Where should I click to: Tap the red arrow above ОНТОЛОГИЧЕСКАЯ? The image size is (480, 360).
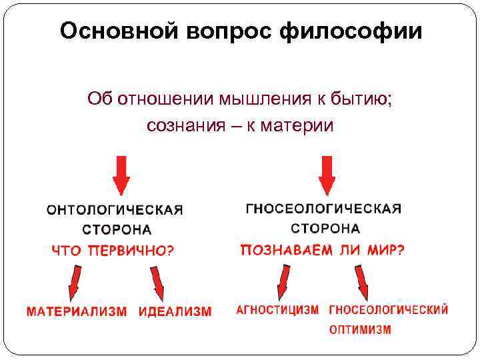(x=121, y=175)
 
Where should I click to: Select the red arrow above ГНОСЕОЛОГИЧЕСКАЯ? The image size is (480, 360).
(x=326, y=175)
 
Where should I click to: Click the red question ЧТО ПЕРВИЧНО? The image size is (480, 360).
(x=114, y=251)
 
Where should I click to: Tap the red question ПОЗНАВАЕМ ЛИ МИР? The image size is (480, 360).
(x=323, y=251)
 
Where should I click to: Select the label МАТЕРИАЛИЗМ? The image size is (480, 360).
(x=77, y=311)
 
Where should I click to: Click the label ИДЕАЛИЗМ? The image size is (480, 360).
(x=175, y=311)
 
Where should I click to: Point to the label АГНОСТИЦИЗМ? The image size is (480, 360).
(x=278, y=311)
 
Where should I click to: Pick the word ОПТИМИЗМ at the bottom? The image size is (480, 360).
(x=360, y=329)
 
